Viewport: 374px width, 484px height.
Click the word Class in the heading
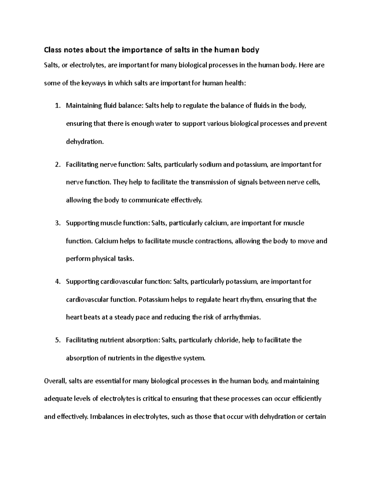click(52, 50)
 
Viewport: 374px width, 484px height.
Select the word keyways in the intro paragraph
click(93, 83)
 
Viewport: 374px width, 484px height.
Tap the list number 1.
click(57, 106)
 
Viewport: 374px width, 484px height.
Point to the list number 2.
click(57, 165)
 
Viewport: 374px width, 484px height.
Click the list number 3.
click(57, 223)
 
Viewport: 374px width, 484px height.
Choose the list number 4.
click(57, 282)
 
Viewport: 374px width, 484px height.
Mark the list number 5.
click(57, 340)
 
